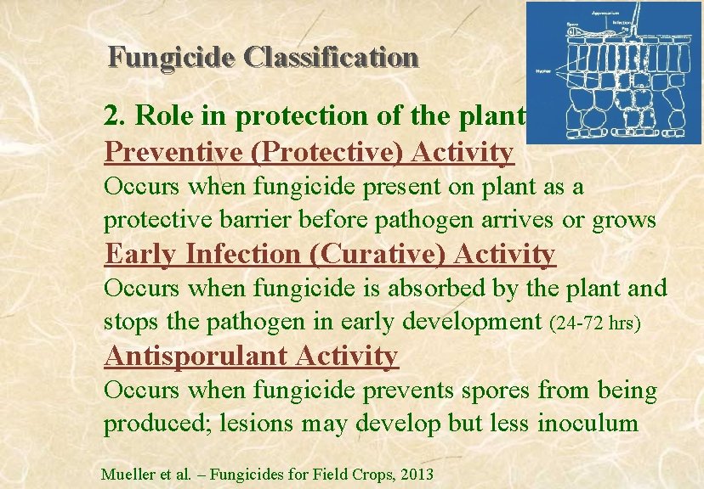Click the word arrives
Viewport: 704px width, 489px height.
tap(519, 220)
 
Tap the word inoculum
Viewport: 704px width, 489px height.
tap(588, 423)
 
